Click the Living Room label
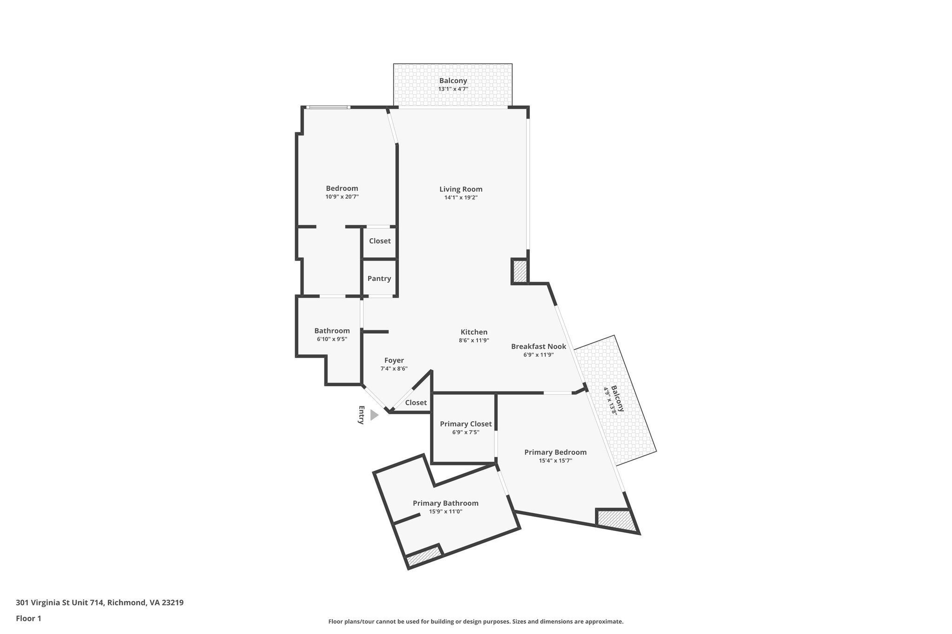coord(461,189)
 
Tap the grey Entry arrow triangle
coord(374,415)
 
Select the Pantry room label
coord(379,279)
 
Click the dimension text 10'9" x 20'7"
coord(342,197)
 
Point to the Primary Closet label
coord(465,424)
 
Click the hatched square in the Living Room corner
coord(520,271)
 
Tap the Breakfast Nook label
coord(538,346)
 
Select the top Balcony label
coord(453,81)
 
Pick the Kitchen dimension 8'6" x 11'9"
coord(474,340)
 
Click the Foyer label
coord(394,360)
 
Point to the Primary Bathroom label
coord(445,503)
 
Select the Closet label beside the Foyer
coord(416,403)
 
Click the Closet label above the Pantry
coord(380,241)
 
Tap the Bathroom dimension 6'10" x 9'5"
coord(332,339)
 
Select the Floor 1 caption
coord(28,618)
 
